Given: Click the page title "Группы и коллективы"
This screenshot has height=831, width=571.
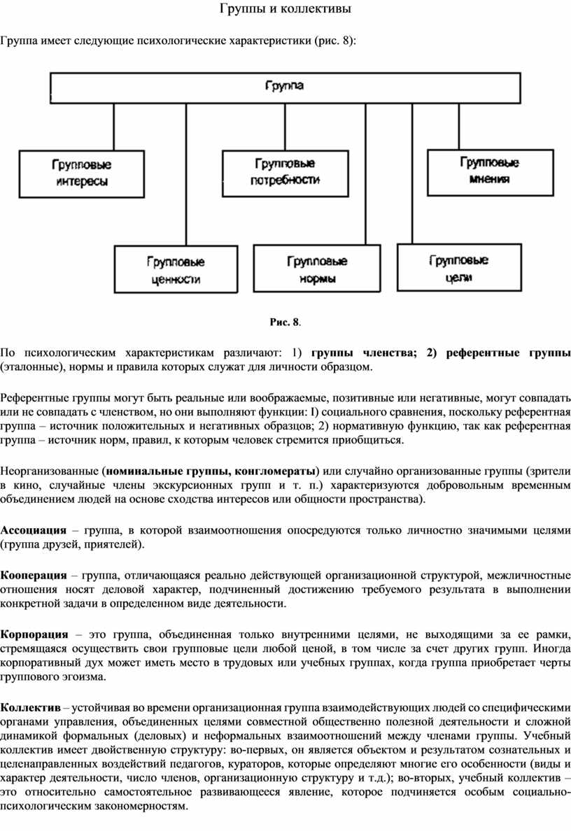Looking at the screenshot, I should pos(285,9).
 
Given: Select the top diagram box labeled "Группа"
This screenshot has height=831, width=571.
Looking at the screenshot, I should pos(285,87).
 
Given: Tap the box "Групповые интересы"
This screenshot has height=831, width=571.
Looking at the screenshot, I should pos(81,173).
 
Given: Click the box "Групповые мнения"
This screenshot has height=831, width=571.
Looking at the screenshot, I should pos(489,171).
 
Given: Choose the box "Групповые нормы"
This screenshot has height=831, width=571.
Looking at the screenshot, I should pos(317,269).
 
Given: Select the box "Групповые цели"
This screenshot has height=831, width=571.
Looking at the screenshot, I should pos(458,268).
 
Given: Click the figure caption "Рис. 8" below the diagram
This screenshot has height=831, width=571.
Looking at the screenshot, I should pos(284,322).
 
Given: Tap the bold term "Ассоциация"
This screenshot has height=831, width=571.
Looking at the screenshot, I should pos(34,530).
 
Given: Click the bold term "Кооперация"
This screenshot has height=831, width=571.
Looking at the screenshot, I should pos(34,576).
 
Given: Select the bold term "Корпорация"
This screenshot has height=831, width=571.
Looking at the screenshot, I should pos(34,634).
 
